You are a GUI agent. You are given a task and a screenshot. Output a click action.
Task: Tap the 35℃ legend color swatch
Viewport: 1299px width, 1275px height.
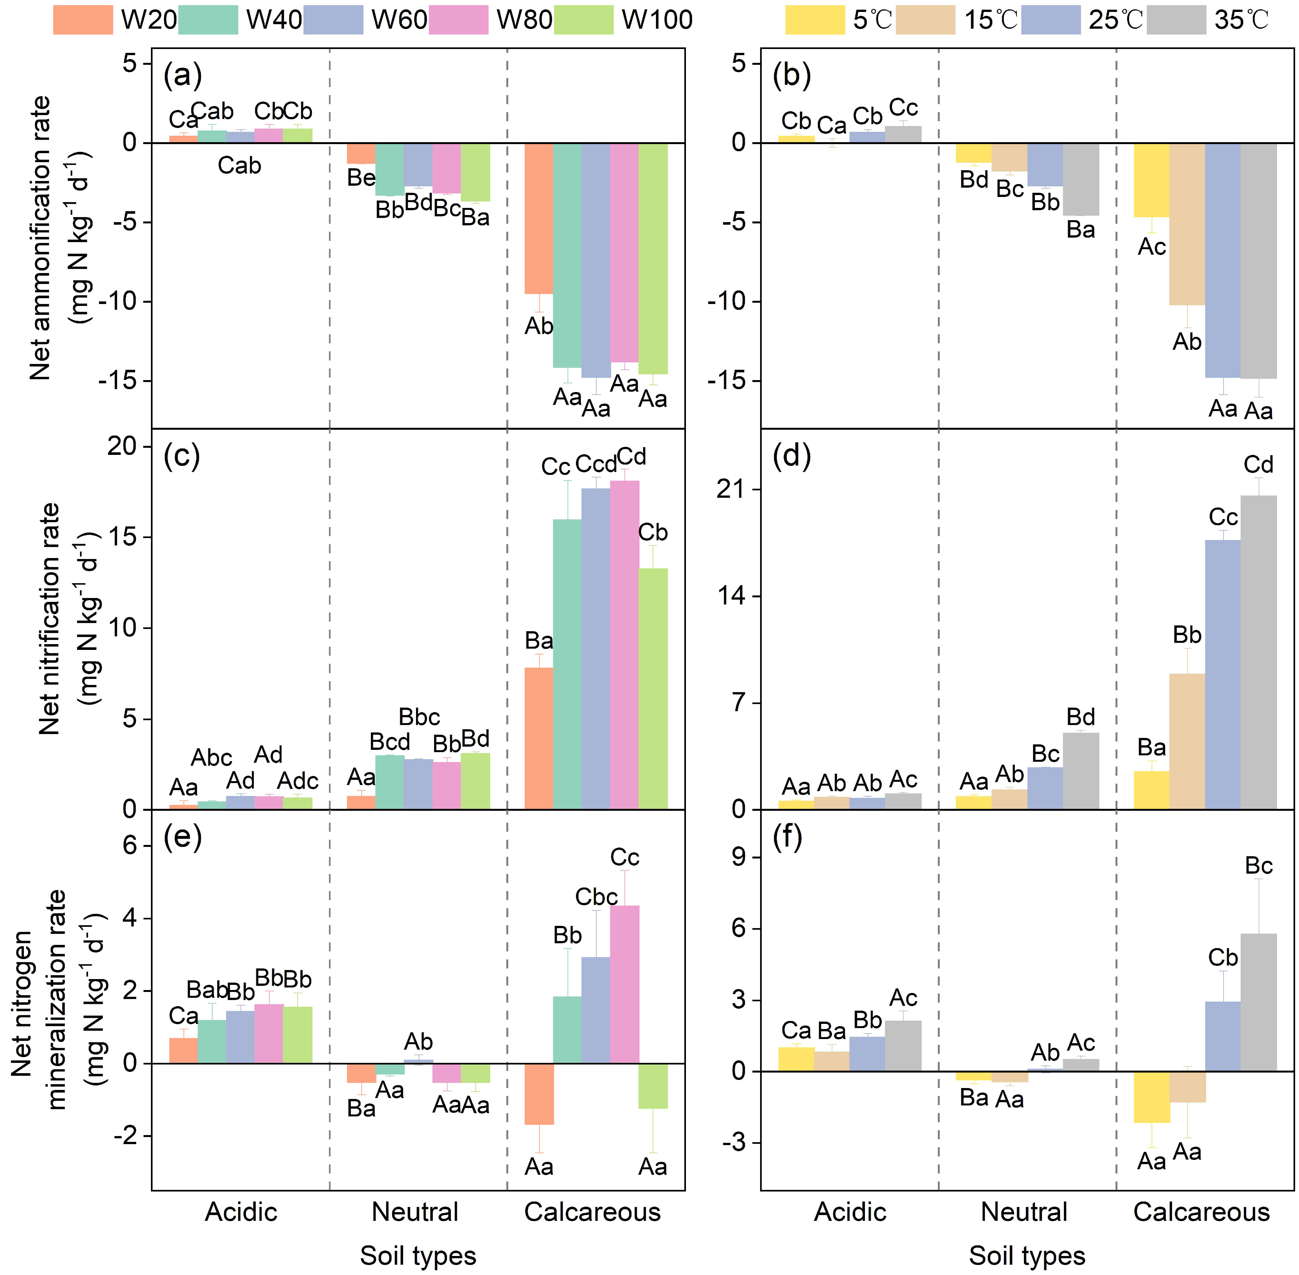tap(1176, 20)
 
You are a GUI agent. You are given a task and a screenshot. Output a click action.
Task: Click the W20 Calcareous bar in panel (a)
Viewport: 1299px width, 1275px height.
tap(539, 218)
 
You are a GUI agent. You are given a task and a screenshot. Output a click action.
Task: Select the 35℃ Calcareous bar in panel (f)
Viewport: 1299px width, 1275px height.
tap(1258, 1003)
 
